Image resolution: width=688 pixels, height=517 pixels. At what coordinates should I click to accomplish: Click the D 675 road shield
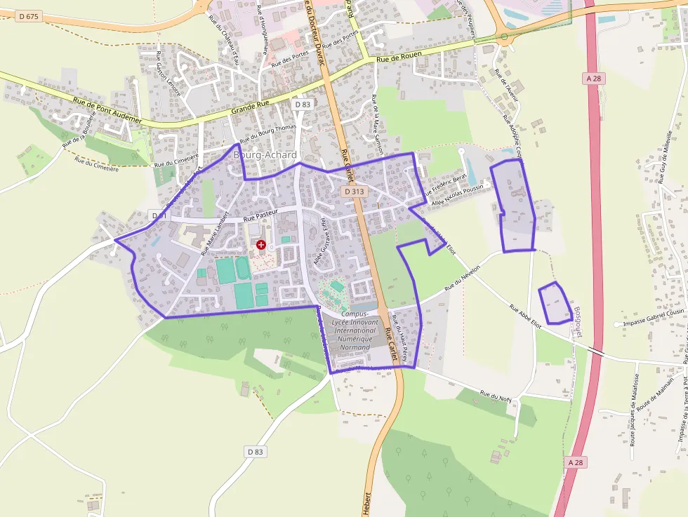tap(27, 16)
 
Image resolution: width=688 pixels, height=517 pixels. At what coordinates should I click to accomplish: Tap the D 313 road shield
tap(355, 191)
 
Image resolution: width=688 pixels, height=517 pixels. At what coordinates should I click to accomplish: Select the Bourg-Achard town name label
tap(265, 154)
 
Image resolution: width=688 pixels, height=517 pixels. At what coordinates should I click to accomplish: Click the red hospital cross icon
tap(261, 245)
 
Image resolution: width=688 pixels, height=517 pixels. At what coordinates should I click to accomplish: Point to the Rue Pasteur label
tap(261, 215)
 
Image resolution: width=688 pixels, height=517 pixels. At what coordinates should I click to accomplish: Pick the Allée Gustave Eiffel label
tap(321, 240)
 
